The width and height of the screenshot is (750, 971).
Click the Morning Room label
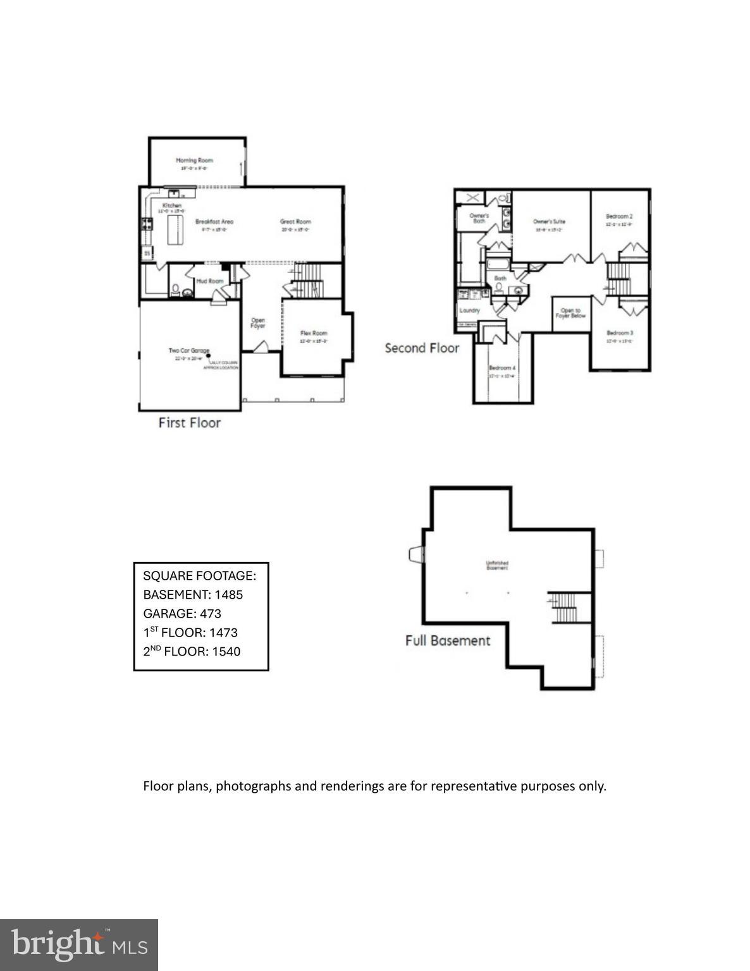(194, 161)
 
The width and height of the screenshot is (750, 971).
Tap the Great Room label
(295, 222)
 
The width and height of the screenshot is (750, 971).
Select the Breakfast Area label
(214, 222)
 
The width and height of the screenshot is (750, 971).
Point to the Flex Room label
(314, 333)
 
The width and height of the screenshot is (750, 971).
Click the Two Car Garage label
(188, 351)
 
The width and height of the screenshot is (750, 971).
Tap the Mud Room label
(210, 281)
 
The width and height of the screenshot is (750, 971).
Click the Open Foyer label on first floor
(258, 323)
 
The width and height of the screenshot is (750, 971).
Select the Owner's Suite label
(549, 222)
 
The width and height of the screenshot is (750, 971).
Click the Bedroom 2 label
(619, 217)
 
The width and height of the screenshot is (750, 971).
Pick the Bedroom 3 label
(620, 333)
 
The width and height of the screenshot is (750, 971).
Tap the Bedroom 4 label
(502, 368)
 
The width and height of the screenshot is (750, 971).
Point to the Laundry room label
(470, 310)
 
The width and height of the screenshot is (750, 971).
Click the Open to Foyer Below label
(570, 313)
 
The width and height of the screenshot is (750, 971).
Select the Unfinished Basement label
(497, 566)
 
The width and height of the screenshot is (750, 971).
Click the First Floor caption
(189, 423)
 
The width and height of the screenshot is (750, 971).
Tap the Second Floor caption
(422, 348)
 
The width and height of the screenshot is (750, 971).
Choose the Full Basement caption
(448, 640)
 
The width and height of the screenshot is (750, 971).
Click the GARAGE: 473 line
(182, 613)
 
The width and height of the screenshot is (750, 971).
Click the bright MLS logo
(79, 944)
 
